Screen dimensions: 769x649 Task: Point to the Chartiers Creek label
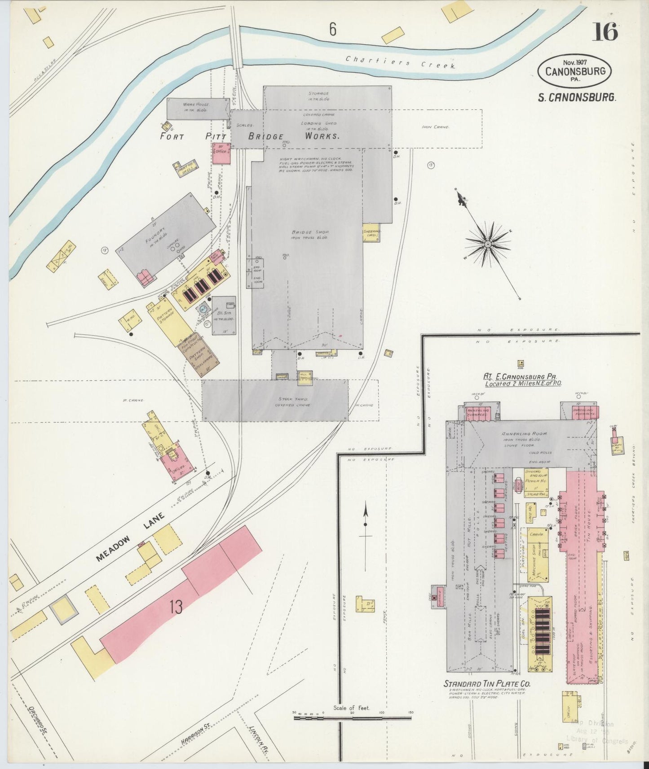(x=400, y=62)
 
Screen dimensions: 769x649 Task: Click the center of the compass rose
(x=488, y=244)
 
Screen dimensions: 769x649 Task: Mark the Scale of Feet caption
(x=351, y=708)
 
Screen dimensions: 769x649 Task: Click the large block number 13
(x=176, y=607)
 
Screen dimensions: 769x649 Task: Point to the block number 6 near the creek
(x=332, y=30)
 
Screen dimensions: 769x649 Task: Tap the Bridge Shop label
(x=310, y=232)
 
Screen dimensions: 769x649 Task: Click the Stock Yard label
(x=291, y=398)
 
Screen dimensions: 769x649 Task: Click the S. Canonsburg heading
(x=577, y=97)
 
